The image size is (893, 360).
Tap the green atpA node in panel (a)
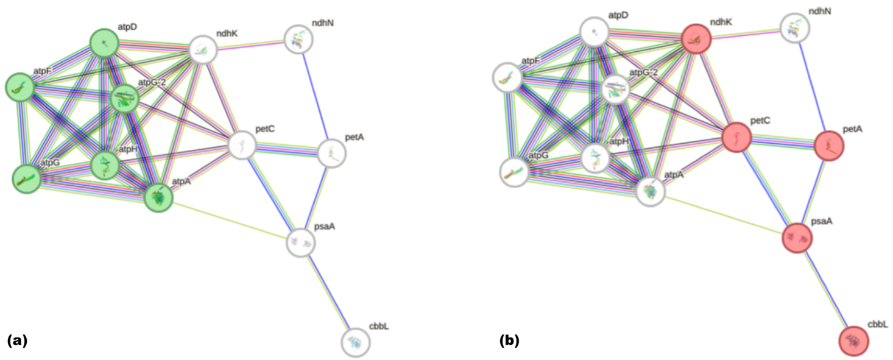click(158, 197)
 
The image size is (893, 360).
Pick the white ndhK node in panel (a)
click(203, 51)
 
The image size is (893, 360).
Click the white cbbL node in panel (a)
click(356, 342)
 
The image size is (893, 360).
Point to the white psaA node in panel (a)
click(302, 242)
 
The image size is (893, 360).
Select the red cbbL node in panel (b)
click(854, 341)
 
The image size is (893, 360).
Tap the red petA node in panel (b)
click(829, 146)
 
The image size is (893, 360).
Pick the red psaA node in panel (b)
click(798, 238)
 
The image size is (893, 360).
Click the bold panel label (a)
click(17, 341)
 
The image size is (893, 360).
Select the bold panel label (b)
click(509, 341)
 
